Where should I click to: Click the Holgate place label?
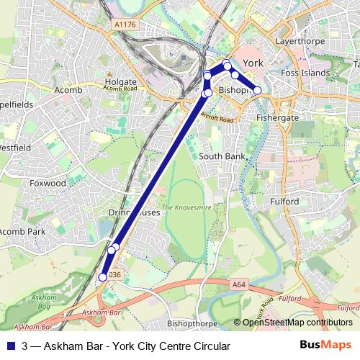(x=120, y=81)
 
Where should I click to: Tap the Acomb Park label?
(x=22, y=232)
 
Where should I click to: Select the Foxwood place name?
(x=48, y=184)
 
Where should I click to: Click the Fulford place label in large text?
(x=284, y=202)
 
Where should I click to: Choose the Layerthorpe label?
(x=297, y=42)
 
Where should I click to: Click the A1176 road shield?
(x=124, y=25)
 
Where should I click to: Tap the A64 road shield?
(x=239, y=285)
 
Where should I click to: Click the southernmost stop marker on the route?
(x=102, y=276)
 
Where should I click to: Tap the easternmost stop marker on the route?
(x=257, y=90)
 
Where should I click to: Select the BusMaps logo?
(x=326, y=345)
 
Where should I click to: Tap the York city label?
(x=253, y=63)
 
